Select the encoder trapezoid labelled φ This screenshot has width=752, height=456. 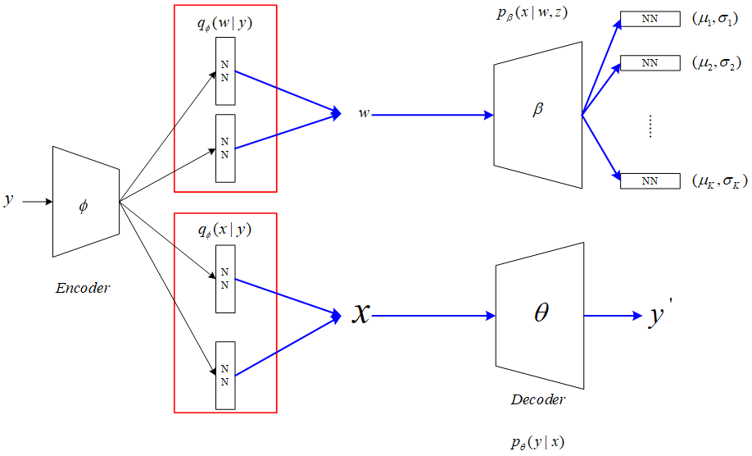[x=85, y=202]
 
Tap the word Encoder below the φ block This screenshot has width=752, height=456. [x=82, y=288]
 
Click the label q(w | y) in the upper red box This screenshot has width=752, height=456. [x=224, y=24]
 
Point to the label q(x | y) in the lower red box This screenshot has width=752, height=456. [x=224, y=231]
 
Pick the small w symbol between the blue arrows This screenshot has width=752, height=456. [x=364, y=114]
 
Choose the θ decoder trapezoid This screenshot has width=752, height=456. [x=540, y=314]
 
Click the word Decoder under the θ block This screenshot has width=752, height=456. [x=538, y=401]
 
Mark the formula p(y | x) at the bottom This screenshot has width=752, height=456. [x=537, y=444]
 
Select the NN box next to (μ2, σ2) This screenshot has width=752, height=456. [x=650, y=62]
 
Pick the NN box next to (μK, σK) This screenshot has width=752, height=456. [x=650, y=180]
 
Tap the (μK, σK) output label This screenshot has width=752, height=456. [x=719, y=180]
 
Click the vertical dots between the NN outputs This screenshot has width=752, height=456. [x=650, y=125]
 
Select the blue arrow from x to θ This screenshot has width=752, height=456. [x=434, y=316]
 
